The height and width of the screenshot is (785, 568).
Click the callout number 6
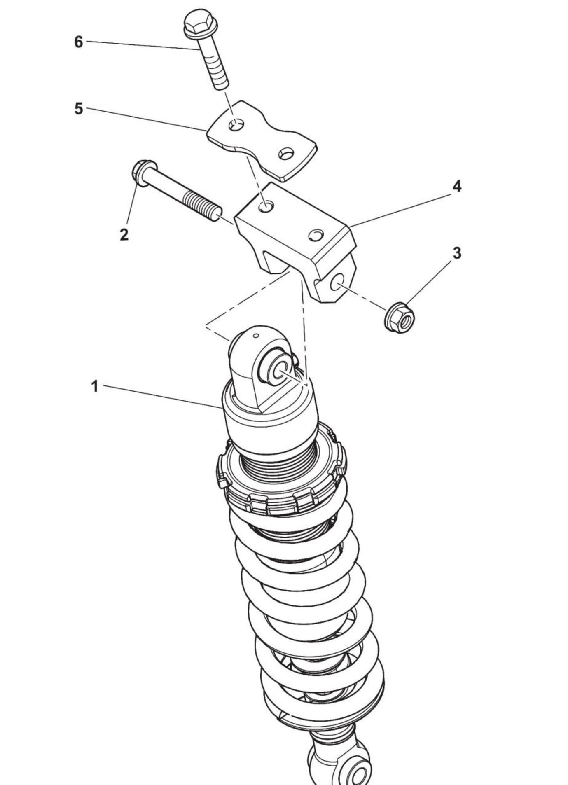coord(78,42)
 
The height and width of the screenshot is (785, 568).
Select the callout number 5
coord(78,109)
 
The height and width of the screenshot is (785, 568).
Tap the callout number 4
coord(457,186)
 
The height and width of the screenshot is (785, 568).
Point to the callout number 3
coord(457,253)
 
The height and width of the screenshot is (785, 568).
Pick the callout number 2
coord(124,235)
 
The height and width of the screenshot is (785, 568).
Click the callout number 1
coord(95,387)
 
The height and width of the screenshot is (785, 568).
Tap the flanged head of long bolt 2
coord(143,173)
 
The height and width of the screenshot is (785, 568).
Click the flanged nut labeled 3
coord(400,317)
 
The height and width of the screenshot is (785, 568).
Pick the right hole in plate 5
coord(286,154)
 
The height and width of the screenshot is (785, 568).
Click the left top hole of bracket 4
coord(266,207)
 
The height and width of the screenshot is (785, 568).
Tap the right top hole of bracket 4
coord(316,235)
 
